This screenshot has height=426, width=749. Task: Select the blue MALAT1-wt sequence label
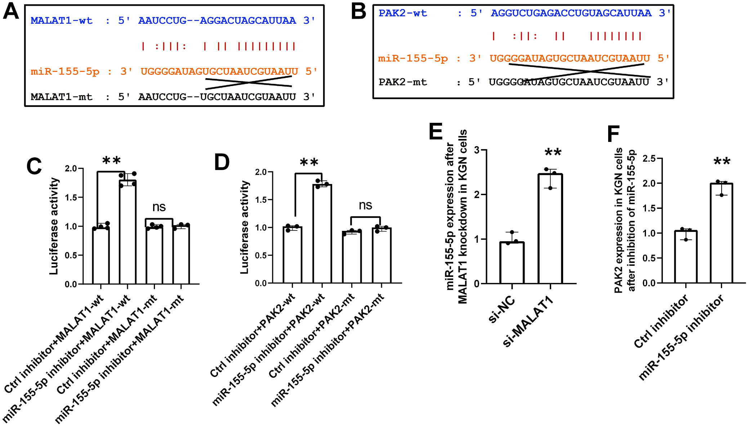pos(61,21)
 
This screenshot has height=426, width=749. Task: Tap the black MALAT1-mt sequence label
pos(61,97)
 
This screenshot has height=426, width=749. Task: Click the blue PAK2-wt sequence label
pos(402,13)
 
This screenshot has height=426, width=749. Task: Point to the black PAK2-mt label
pos(402,82)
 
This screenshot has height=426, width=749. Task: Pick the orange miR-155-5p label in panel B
pos(413,58)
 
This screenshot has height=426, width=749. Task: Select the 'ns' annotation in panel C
pos(159,207)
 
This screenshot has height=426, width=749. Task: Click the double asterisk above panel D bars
pos(309,163)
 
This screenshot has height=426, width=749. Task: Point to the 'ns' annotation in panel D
pos(365,205)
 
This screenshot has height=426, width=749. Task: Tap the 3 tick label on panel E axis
pos(477,150)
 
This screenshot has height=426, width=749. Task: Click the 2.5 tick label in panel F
pos(649,158)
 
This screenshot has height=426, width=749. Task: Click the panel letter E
pos(435,132)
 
